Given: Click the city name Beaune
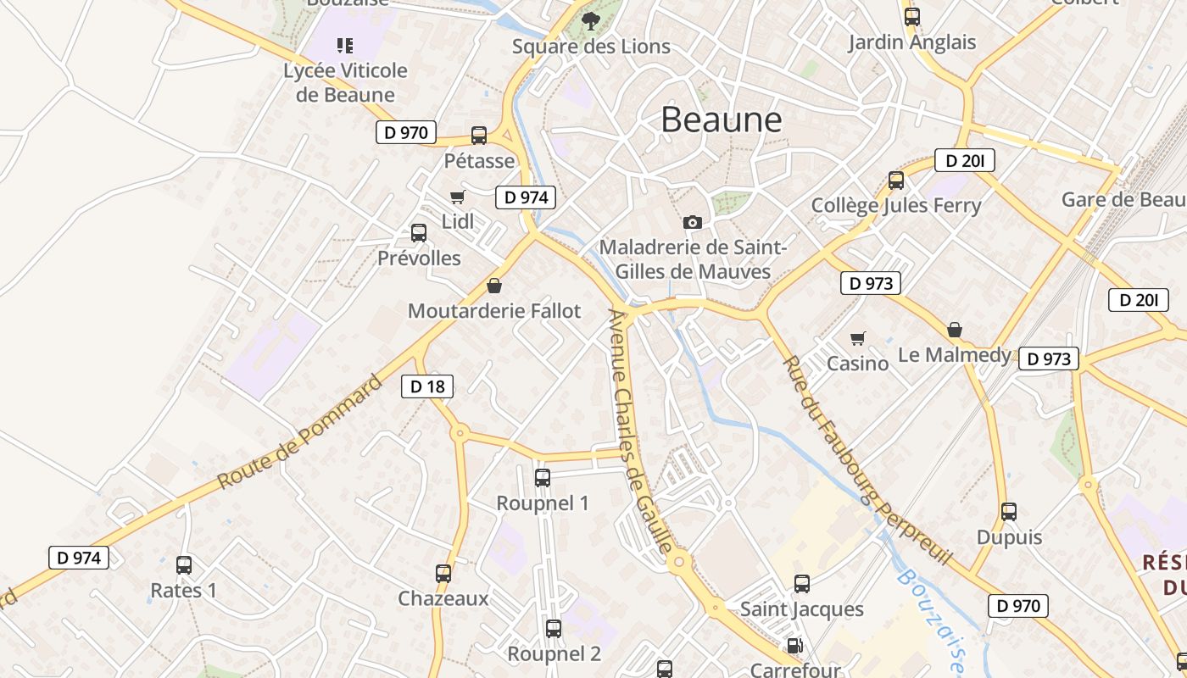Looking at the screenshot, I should pyautogui.click(x=721, y=120).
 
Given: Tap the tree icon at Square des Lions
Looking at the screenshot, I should pyautogui.click(x=591, y=22).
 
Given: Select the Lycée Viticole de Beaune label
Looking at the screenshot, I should pyautogui.click(x=345, y=82).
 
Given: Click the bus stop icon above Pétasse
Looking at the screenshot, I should pyautogui.click(x=479, y=136).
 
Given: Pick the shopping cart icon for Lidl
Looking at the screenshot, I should pyautogui.click(x=458, y=197).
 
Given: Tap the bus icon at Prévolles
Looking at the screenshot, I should pyautogui.click(x=419, y=233).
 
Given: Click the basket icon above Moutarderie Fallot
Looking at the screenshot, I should pyautogui.click(x=494, y=286).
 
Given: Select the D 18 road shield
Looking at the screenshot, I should pyautogui.click(x=427, y=386).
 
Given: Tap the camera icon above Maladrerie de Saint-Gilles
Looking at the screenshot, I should pyautogui.click(x=693, y=222).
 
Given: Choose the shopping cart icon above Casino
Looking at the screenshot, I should pyautogui.click(x=858, y=338).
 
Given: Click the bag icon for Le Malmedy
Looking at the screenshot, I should pyautogui.click(x=955, y=330).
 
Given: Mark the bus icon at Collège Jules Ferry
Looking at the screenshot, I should pyautogui.click(x=896, y=181).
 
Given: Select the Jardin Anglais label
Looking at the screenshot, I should pyautogui.click(x=912, y=42).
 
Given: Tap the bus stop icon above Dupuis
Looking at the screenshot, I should pyautogui.click(x=1009, y=512).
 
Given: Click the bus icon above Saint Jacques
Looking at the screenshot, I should pyautogui.click(x=802, y=584).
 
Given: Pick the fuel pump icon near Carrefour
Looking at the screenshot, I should pyautogui.click(x=794, y=646).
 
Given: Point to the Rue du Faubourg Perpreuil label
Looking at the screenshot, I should pyautogui.click(x=867, y=462).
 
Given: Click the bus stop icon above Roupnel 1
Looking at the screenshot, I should pyautogui.click(x=543, y=478).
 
